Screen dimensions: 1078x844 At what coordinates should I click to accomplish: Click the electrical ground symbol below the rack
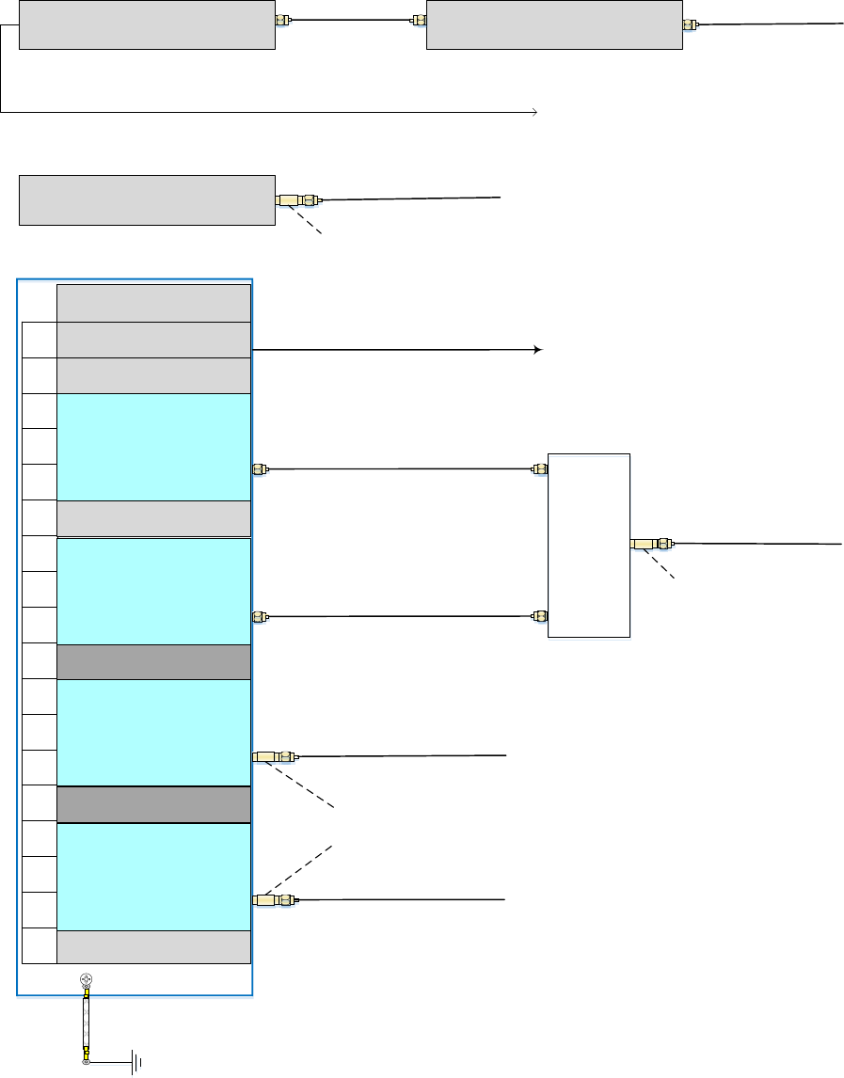(x=137, y=1063)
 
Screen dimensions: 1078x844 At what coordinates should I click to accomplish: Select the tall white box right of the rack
(x=589, y=545)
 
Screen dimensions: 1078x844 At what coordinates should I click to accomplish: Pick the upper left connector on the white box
(x=540, y=468)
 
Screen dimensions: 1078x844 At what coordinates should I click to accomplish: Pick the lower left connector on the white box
(x=540, y=617)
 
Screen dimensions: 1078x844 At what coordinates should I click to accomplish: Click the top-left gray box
(x=147, y=24)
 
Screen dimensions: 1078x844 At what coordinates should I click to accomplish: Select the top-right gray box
(x=554, y=24)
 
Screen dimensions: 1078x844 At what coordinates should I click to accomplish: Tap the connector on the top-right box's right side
(x=691, y=25)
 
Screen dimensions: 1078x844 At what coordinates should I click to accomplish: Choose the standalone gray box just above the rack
(x=147, y=199)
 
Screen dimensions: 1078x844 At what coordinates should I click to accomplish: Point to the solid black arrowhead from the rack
(x=537, y=350)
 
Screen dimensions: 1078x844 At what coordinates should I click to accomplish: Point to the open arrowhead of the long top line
(x=533, y=112)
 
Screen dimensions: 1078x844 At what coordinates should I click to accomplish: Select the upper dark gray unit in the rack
(x=153, y=662)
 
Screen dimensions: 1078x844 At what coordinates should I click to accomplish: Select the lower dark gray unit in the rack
(x=153, y=804)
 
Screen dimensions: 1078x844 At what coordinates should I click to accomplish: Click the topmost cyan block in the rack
(x=153, y=447)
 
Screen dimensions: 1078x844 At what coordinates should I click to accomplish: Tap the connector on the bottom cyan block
(x=275, y=900)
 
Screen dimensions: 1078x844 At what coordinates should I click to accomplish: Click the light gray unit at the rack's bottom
(x=153, y=946)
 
